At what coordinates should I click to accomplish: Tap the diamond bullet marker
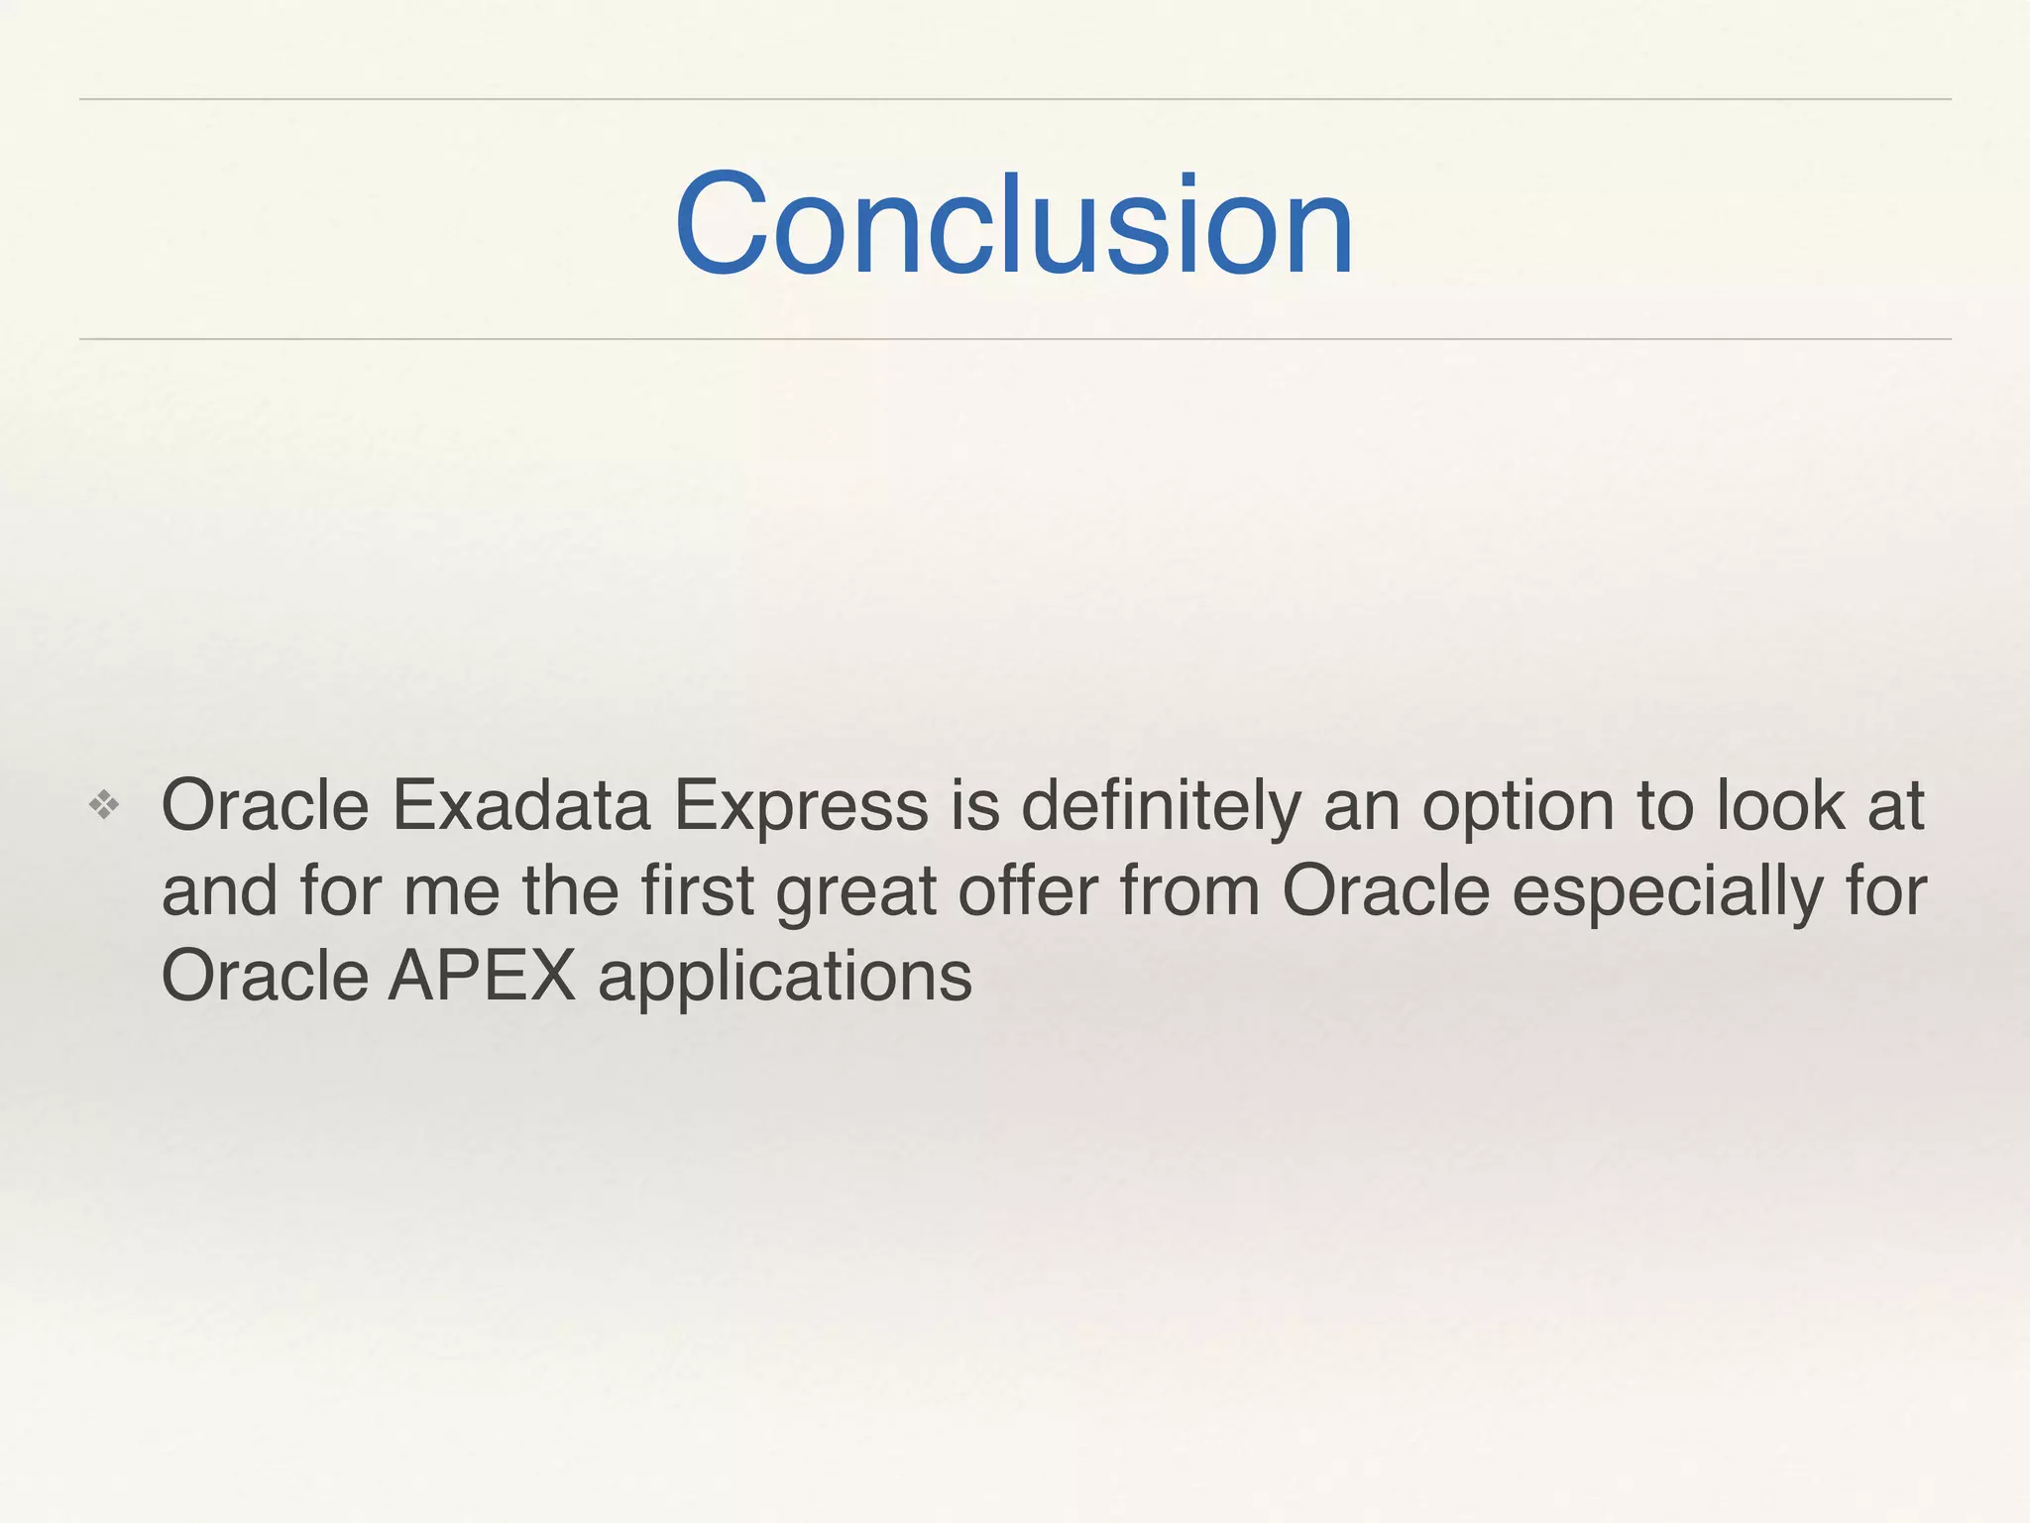[104, 805]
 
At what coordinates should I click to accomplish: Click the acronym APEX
[482, 977]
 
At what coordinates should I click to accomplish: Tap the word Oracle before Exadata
[266, 805]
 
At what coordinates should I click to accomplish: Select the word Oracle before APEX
[266, 977]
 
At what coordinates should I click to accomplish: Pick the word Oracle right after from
[1386, 890]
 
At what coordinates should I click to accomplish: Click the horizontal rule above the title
[1015, 99]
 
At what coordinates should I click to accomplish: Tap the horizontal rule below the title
[1015, 339]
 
